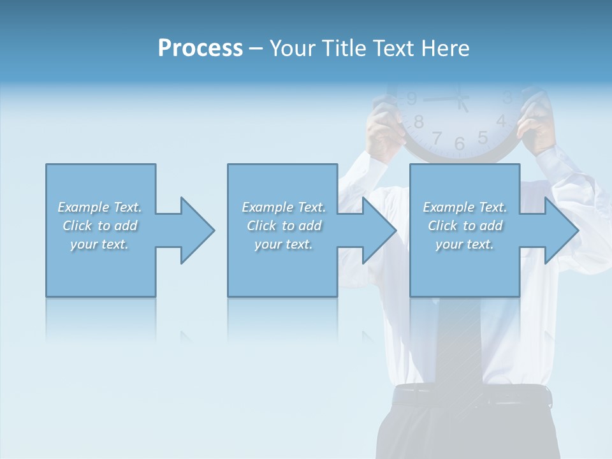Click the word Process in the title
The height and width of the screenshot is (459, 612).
click(x=200, y=48)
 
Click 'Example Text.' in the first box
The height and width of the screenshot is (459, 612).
click(x=99, y=207)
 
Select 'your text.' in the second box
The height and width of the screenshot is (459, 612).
click(x=283, y=244)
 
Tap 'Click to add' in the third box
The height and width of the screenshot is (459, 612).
click(x=465, y=226)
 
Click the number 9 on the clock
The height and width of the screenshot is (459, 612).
click(x=412, y=99)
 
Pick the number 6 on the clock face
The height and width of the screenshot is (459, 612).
click(x=460, y=144)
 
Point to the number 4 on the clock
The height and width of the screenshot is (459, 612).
click(x=501, y=120)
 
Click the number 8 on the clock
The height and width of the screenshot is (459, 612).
click(x=419, y=121)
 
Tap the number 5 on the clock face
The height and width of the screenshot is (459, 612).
click(x=483, y=137)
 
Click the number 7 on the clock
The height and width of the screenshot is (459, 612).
click(x=437, y=137)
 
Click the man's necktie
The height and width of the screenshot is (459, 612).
click(x=458, y=344)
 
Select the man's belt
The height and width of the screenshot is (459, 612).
click(x=472, y=397)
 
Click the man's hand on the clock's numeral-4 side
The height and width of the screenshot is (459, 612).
click(x=535, y=124)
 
